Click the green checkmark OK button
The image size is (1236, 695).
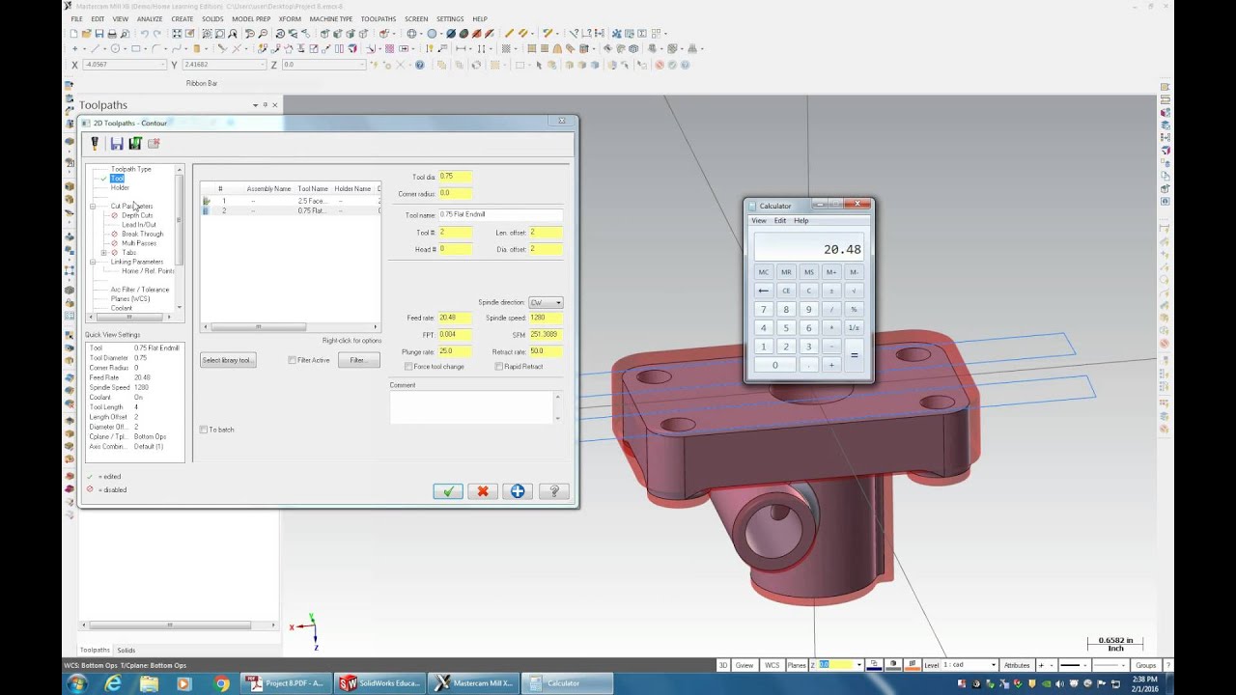447,491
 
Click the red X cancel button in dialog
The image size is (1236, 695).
482,491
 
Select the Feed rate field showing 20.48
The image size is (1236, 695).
455,318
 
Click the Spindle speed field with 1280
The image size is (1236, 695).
545,318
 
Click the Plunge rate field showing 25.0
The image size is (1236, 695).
455,351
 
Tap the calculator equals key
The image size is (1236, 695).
854,355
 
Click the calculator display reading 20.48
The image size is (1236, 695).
808,248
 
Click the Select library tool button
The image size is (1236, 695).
228,360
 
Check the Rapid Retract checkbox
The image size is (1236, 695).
499,367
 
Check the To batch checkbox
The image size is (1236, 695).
204,430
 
